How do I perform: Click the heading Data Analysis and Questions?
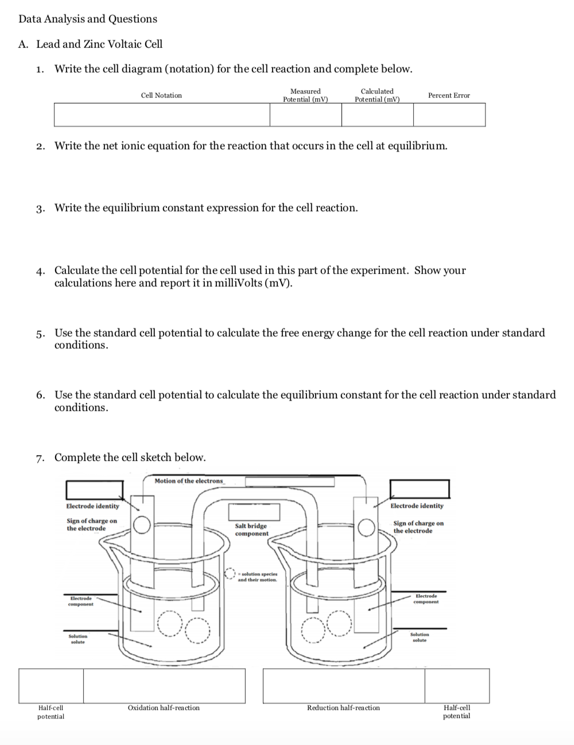point(88,19)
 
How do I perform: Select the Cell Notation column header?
point(161,95)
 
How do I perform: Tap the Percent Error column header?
point(449,95)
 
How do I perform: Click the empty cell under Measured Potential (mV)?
point(305,115)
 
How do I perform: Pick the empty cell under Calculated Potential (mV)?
point(377,115)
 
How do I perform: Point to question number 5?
point(40,333)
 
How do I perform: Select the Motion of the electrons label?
point(189,481)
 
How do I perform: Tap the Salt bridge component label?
point(251,530)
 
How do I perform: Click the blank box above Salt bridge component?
point(254,511)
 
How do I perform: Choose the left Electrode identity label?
point(93,506)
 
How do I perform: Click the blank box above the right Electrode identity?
point(420,489)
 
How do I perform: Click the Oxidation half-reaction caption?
point(164,708)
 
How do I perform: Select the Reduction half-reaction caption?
point(343,708)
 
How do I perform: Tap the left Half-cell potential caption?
point(51,712)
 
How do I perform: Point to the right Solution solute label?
point(420,637)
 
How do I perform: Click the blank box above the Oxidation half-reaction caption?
point(164,685)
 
